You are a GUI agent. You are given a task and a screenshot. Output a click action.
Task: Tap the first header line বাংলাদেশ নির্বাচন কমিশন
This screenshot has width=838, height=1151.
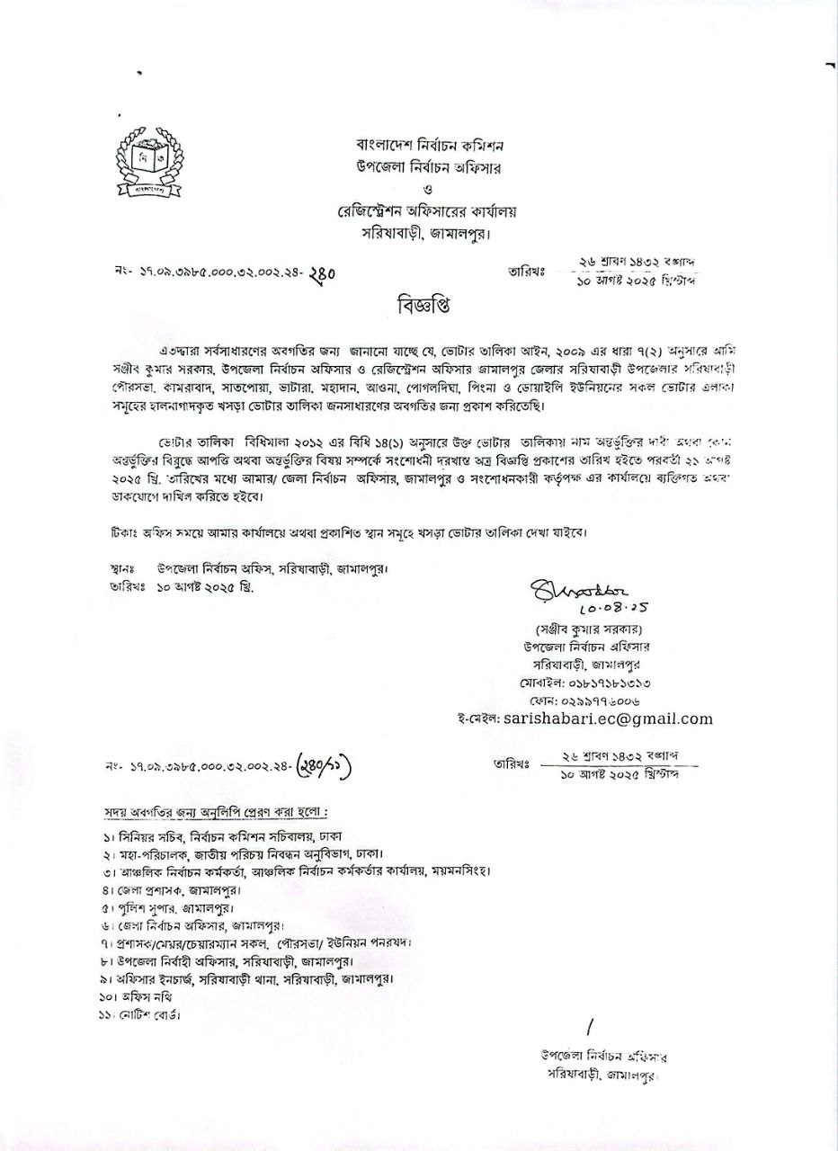coord(430,145)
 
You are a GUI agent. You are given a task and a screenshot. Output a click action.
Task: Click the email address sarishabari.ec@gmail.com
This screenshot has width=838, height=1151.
coord(608,718)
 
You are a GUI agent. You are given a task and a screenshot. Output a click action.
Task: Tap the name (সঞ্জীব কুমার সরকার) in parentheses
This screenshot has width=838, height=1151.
coord(588,629)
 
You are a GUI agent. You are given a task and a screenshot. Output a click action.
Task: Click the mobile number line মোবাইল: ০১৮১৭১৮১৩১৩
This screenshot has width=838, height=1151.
coord(585,683)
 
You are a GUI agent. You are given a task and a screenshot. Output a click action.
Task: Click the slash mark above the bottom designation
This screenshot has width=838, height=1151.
coord(590,1027)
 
